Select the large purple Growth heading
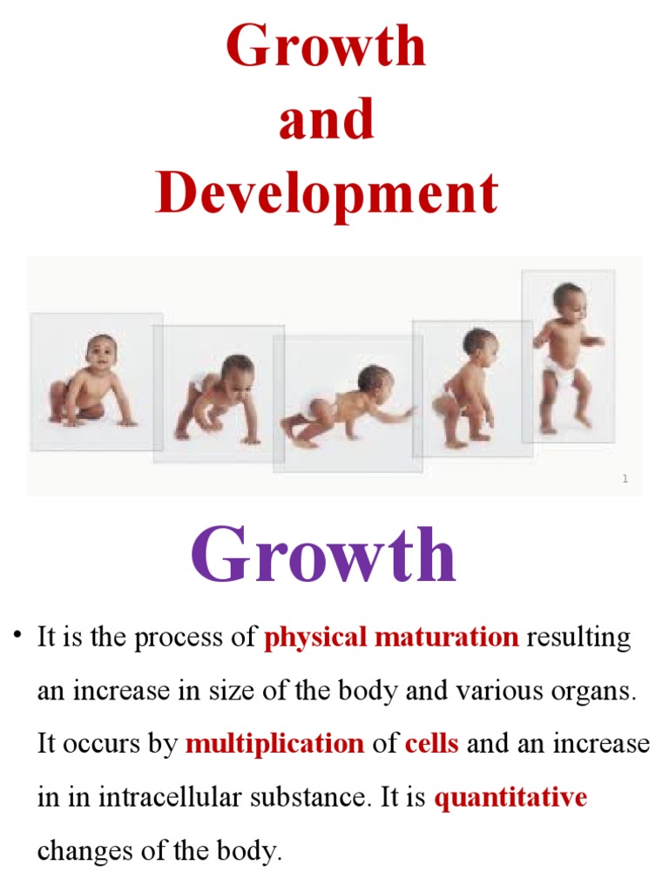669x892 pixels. pyautogui.click(x=323, y=557)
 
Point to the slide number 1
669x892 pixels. pyautogui.click(x=625, y=479)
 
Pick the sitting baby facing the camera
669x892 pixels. pyautogui.click(x=91, y=381)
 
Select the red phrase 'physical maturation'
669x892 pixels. pyautogui.click(x=391, y=638)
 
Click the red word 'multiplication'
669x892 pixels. pyautogui.click(x=274, y=744)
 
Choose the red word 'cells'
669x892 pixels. pyautogui.click(x=431, y=744)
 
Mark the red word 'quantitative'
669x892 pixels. pyautogui.click(x=510, y=797)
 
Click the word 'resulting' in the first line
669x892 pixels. pyautogui.click(x=578, y=638)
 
